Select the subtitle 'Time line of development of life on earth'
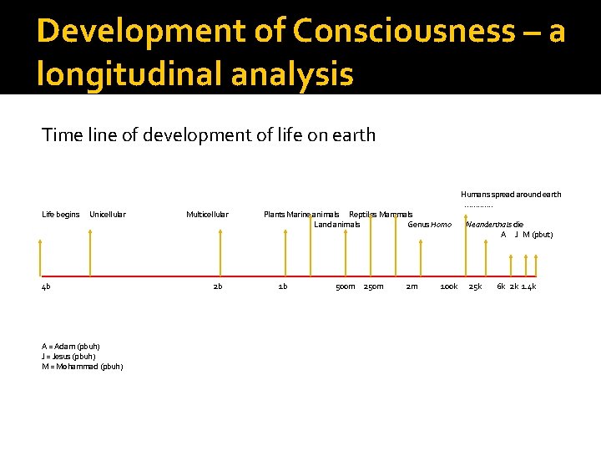tap(209, 134)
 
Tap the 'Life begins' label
tap(61, 215)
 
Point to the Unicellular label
tap(108, 215)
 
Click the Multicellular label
tap(207, 215)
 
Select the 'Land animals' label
tap(337, 224)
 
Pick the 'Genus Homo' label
tap(429, 224)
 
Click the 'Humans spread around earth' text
tap(511, 195)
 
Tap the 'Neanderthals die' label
tap(495, 224)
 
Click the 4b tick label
tap(46, 286)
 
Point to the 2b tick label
tap(218, 286)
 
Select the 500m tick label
tap(346, 286)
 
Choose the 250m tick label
tap(374, 286)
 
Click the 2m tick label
tap(412, 286)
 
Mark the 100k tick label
tap(449, 286)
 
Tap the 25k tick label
tap(475, 286)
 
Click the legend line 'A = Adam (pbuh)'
tap(71, 347)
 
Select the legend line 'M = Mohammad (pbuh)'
tap(83, 367)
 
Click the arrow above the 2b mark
tap(220, 253)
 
